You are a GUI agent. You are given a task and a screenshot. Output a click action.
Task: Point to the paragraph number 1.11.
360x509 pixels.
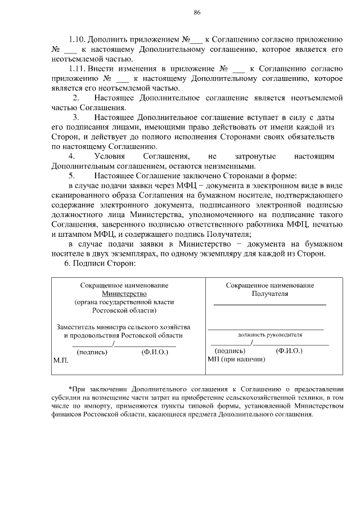point(77,69)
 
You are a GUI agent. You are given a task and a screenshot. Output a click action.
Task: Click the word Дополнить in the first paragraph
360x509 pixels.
point(110,40)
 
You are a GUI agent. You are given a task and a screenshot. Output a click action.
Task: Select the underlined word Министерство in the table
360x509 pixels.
point(124,294)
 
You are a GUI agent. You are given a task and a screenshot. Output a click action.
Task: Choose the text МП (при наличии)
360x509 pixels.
point(236,359)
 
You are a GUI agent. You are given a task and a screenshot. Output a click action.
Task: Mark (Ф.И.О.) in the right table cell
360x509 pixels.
point(289,350)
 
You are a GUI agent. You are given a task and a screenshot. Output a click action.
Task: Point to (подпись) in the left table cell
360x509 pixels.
point(91,353)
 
